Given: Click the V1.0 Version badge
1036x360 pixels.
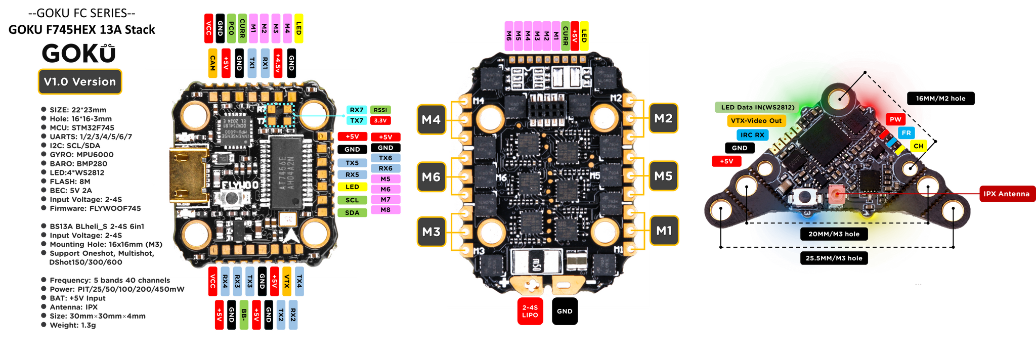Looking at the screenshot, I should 80,82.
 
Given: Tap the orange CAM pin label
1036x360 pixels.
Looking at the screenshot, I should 212,63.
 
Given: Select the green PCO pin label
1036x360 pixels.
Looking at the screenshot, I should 231,28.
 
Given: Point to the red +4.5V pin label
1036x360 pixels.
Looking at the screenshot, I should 277,63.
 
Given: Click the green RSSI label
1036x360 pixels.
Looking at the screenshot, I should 380,110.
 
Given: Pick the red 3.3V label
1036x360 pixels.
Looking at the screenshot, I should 380,121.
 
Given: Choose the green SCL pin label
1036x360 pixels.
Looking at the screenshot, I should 352,200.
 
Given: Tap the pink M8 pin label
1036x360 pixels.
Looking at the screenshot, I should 385,210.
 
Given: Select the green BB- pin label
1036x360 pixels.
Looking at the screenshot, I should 244,316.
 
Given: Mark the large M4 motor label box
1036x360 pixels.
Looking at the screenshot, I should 431,120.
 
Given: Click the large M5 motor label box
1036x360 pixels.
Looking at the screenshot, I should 663,176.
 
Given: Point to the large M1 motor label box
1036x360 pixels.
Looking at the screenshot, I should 664,231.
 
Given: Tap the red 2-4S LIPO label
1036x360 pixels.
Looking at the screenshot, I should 530,311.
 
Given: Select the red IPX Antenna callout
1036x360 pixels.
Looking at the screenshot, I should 1006,194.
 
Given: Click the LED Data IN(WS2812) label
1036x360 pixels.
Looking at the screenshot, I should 756,107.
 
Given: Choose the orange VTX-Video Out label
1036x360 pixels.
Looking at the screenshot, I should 756,121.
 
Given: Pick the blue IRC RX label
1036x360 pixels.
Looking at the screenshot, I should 752,135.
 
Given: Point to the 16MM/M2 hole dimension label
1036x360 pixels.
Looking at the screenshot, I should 940,99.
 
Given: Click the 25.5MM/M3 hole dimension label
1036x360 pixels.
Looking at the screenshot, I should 834,258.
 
